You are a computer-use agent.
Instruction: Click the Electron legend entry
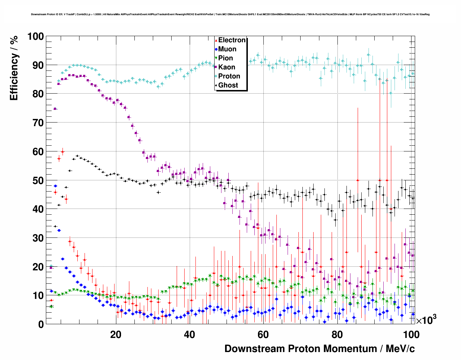pyautogui.click(x=232, y=40)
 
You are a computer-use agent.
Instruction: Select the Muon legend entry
pyautogui.click(x=227, y=49)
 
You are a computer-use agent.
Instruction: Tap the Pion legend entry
pyautogui.click(x=225, y=58)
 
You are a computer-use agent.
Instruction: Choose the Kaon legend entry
pyautogui.click(x=227, y=67)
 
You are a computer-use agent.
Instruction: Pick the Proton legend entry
pyautogui.click(x=229, y=76)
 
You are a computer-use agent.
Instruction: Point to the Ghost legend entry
pyautogui.click(x=228, y=85)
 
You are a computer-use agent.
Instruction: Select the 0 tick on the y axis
pyautogui.click(x=41, y=324)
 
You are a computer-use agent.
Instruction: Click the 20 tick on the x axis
pyautogui.click(x=116, y=334)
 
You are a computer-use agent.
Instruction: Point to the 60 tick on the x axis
pyautogui.click(x=263, y=334)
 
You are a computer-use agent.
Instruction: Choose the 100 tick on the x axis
pyautogui.click(x=411, y=334)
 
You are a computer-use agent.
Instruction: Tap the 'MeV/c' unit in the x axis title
pyautogui.click(x=400, y=349)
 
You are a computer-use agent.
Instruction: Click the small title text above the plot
pyautogui.click(x=230, y=14)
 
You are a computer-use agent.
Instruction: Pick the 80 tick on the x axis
pyautogui.click(x=337, y=334)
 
